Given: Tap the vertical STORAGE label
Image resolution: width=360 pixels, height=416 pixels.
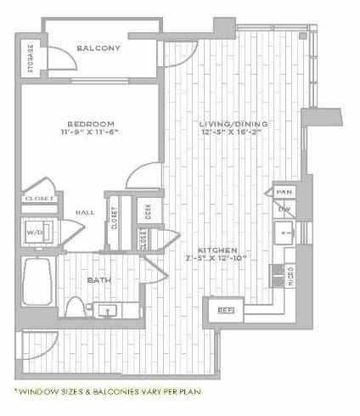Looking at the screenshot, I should tap(31, 58).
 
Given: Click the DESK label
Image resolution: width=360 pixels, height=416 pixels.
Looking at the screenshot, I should tap(148, 211).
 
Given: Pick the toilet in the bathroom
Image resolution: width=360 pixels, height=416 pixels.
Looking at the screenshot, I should tap(75, 306).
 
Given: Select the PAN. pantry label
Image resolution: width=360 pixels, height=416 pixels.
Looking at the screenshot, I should tap(284, 192).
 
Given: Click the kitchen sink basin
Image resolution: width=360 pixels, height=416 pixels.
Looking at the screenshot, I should tap(285, 233).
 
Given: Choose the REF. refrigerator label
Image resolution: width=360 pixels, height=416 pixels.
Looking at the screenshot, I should tap(226, 311).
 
